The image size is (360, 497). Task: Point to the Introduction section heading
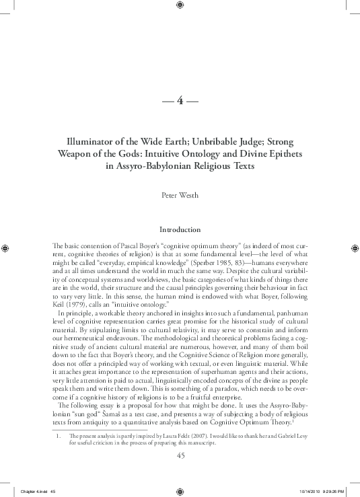coord(180,229)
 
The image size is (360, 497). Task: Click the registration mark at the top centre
coord(180,5)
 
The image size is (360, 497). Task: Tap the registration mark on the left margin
coord(6,247)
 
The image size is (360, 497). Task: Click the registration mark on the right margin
coord(354,247)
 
